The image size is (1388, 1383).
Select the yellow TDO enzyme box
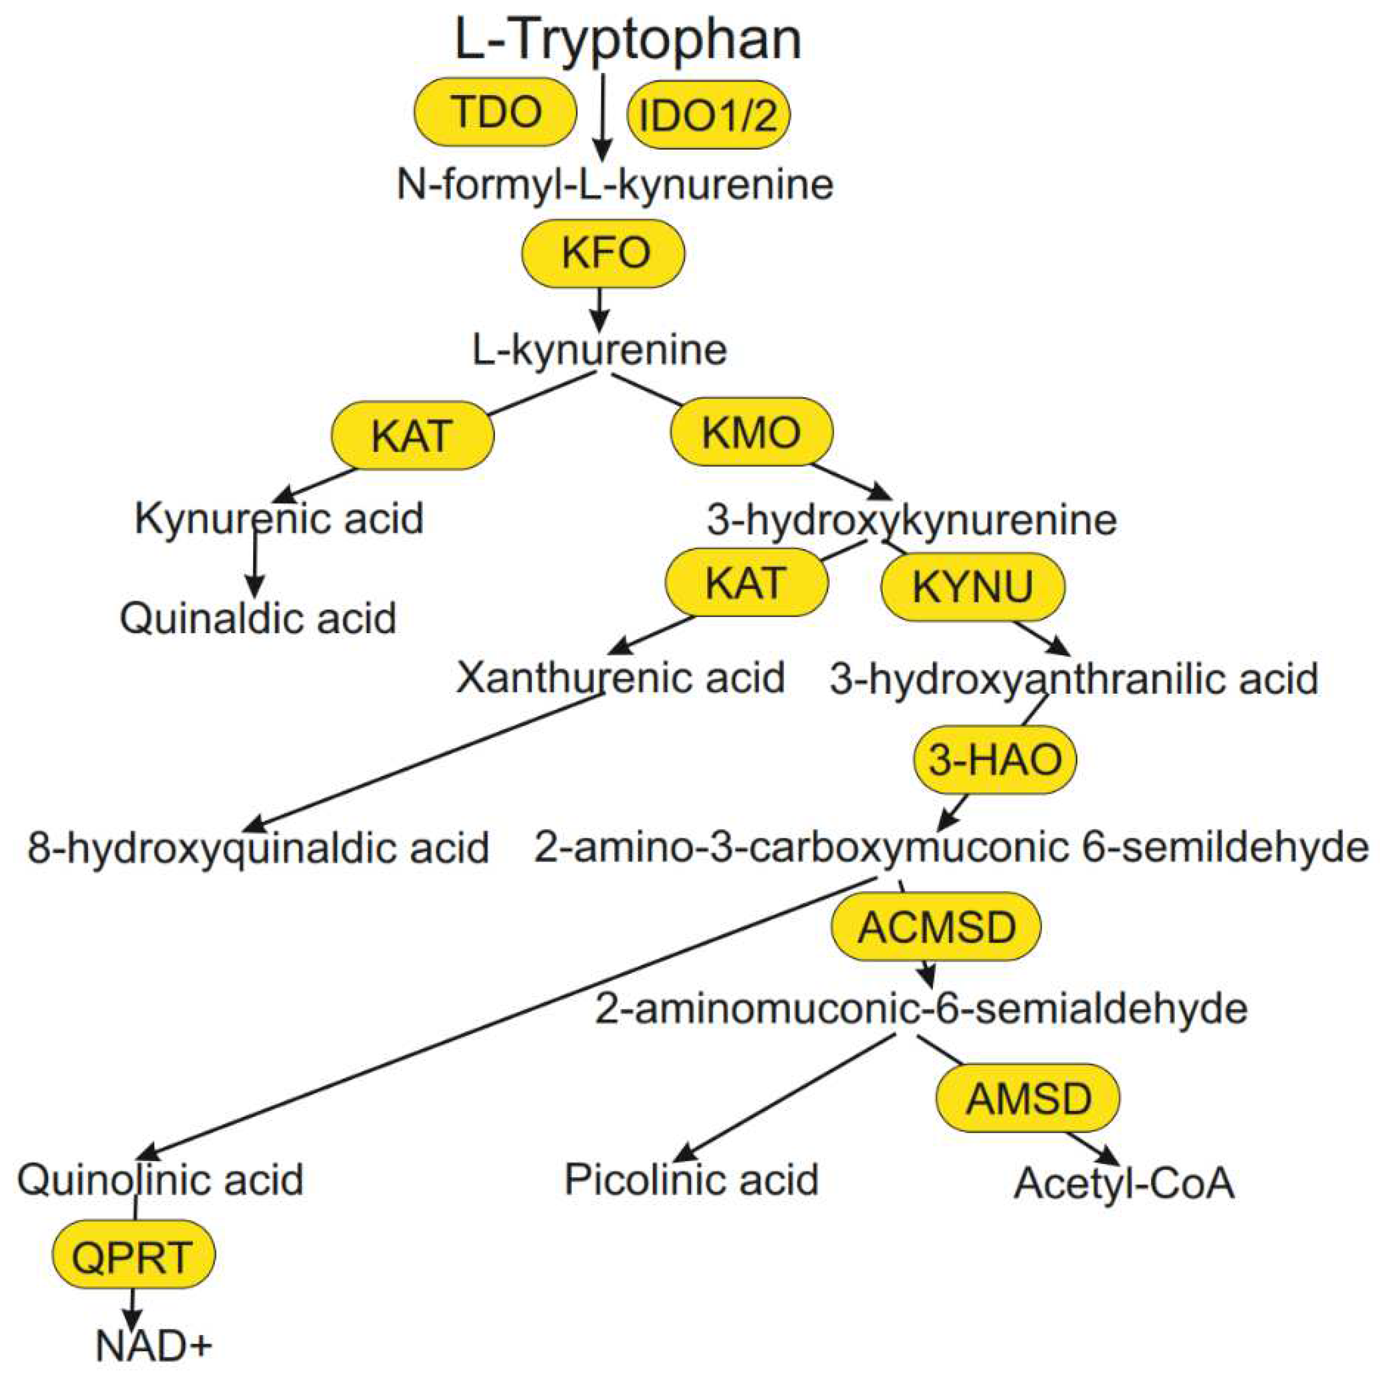point(495,112)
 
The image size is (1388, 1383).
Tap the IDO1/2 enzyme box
point(708,115)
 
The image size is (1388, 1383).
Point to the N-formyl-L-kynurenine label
point(615,185)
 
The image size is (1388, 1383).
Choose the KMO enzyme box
point(751,432)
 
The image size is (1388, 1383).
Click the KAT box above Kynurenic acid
point(412,436)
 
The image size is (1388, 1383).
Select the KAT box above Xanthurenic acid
point(747,582)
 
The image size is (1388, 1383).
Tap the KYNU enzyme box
point(973,586)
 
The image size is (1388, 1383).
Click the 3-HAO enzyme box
point(994,760)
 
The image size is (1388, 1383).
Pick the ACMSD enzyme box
point(936,927)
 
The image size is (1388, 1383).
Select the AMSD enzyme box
point(1028,1098)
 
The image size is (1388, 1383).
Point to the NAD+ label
point(154,1346)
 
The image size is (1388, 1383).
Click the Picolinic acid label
point(691,1179)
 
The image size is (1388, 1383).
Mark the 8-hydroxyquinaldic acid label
point(258,848)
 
